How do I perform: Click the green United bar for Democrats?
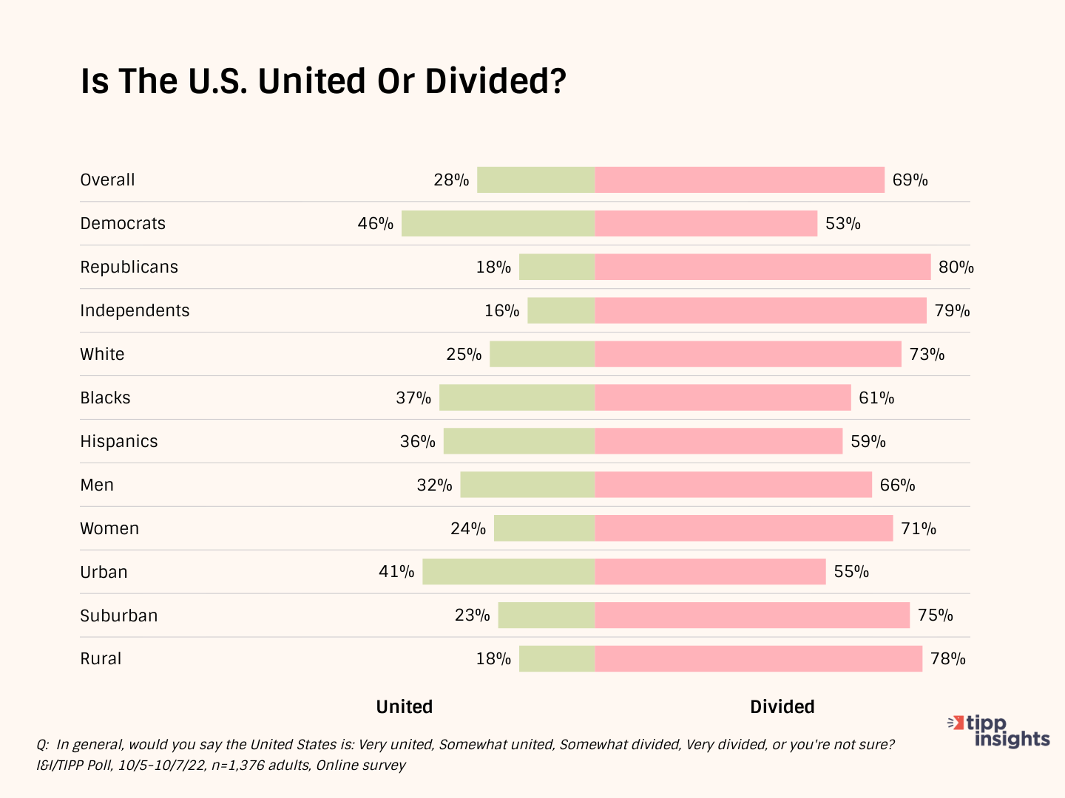pyautogui.click(x=498, y=223)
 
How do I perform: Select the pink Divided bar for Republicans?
pyautogui.click(x=763, y=267)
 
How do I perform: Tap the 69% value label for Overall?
pyautogui.click(x=910, y=180)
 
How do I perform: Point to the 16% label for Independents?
pyautogui.click(x=501, y=311)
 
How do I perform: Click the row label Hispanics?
pyautogui.click(x=119, y=441)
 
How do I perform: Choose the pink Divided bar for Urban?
pyautogui.click(x=710, y=572)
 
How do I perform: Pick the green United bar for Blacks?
pyautogui.click(x=517, y=398)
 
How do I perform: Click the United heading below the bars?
pyautogui.click(x=405, y=707)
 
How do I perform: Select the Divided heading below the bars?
pyautogui.click(x=782, y=707)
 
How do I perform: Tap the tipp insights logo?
pyautogui.click(x=1001, y=731)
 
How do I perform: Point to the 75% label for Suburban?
pyautogui.click(x=935, y=615)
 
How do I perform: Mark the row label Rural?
pyautogui.click(x=101, y=659)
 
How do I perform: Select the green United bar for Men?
pyautogui.click(x=527, y=485)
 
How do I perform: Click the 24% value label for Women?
pyautogui.click(x=468, y=529)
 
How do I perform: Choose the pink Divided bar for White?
pyautogui.click(x=748, y=354)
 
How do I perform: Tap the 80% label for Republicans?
pyautogui.click(x=956, y=267)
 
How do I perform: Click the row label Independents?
pyautogui.click(x=135, y=310)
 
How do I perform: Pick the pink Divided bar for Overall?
pyautogui.click(x=740, y=180)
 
